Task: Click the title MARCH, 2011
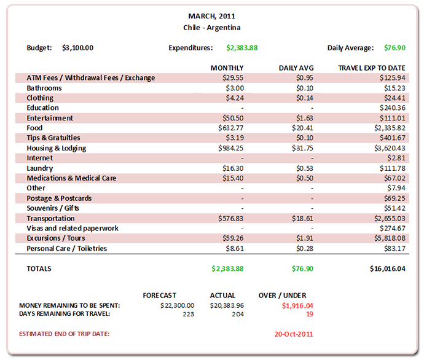coord(211,17)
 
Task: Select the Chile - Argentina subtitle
coord(211,28)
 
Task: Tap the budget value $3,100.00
coord(78,48)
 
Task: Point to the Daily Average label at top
coord(350,48)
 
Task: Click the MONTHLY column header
coord(227,68)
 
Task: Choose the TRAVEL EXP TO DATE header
coord(372,68)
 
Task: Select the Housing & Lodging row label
coord(57,148)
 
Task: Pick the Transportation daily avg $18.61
coord(302,218)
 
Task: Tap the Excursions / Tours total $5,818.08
coord(388,238)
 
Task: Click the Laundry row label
coord(40,168)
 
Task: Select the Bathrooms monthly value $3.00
coord(234,88)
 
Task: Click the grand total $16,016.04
coord(387,268)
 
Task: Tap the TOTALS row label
coord(39,268)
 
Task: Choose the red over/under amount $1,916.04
coord(297,305)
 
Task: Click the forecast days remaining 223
coord(188,314)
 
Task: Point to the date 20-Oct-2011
coord(294,334)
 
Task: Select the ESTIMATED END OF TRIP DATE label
coord(68,334)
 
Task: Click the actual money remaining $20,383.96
coord(227,305)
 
